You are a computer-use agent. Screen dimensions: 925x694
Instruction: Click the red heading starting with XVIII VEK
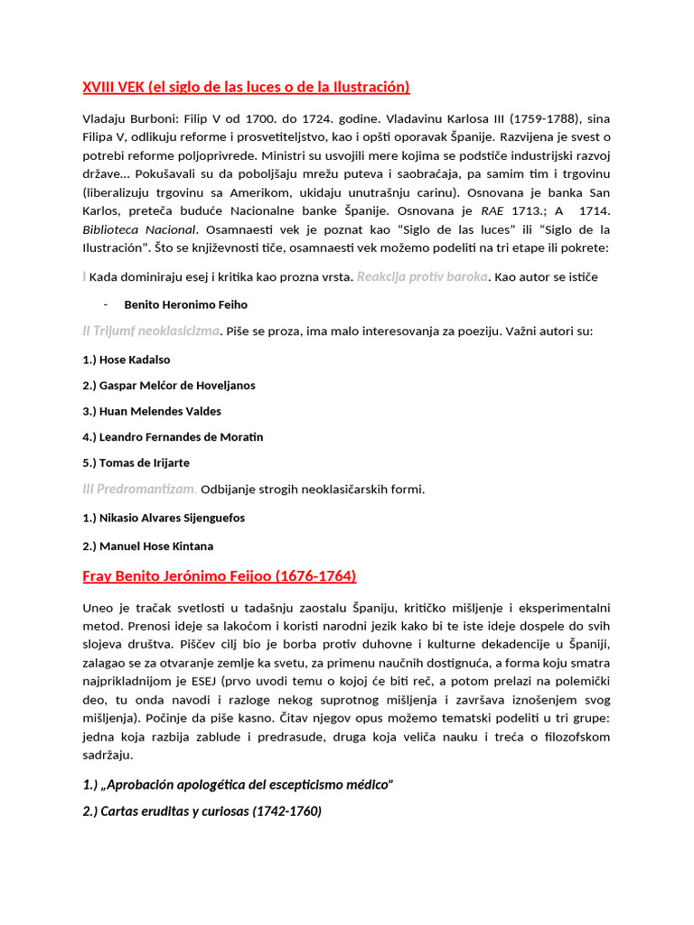[246, 87]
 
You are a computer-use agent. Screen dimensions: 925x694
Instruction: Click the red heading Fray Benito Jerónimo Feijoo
[219, 575]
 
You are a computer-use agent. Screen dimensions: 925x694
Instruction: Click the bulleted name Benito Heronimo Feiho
[185, 304]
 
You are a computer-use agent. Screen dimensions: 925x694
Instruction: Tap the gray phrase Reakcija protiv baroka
[422, 276]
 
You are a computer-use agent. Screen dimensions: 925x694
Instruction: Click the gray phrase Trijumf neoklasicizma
[156, 331]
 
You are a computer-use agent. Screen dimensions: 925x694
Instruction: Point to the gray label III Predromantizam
[139, 489]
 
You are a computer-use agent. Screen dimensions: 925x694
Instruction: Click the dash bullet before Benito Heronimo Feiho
[106, 304]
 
